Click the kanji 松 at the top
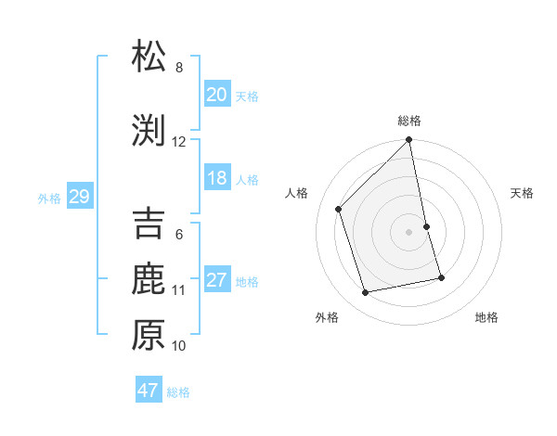point(149,57)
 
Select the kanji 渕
point(149,131)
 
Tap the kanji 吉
point(149,224)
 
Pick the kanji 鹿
point(149,279)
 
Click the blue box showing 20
point(216,94)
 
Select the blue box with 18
point(216,178)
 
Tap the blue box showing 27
point(216,280)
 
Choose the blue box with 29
point(79,197)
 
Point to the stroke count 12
point(179,142)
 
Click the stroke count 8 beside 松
point(179,68)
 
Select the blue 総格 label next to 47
point(178,392)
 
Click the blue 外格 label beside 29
point(49,198)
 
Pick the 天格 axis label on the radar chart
point(522,193)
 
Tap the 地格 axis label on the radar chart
point(486,317)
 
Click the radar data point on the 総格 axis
point(408,140)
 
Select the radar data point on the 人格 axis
point(339,209)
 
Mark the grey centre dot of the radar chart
point(408,231)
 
